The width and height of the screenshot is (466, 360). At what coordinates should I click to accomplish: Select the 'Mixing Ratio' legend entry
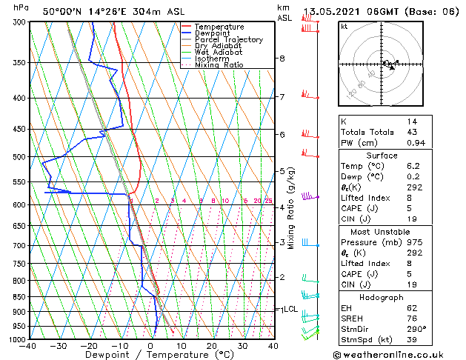coord(219,65)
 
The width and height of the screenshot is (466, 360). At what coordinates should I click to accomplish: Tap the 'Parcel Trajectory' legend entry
coord(228,39)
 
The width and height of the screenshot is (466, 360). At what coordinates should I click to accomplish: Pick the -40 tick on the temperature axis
coord(28,346)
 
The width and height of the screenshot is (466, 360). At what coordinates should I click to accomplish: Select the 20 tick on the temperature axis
coord(212,346)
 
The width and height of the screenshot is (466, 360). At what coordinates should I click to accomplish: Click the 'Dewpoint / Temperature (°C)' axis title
coord(151,355)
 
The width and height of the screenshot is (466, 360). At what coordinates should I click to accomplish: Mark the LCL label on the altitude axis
coord(290,310)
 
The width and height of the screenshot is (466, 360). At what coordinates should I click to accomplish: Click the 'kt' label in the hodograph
coord(344,27)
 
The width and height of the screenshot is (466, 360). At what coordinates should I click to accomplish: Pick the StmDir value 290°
coord(416,329)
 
